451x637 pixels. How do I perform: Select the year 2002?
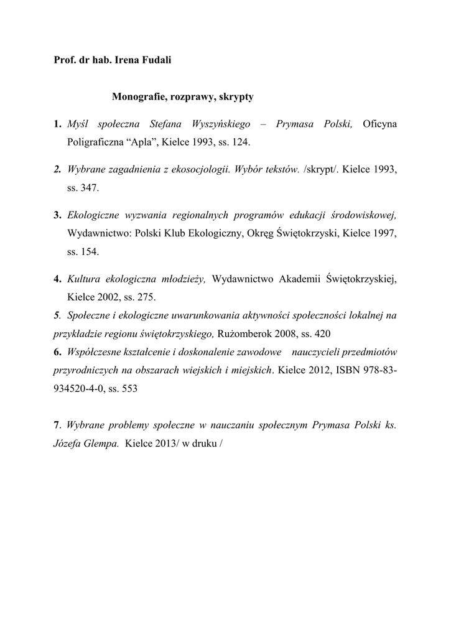point(110,295)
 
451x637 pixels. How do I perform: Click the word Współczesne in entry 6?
point(97,351)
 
